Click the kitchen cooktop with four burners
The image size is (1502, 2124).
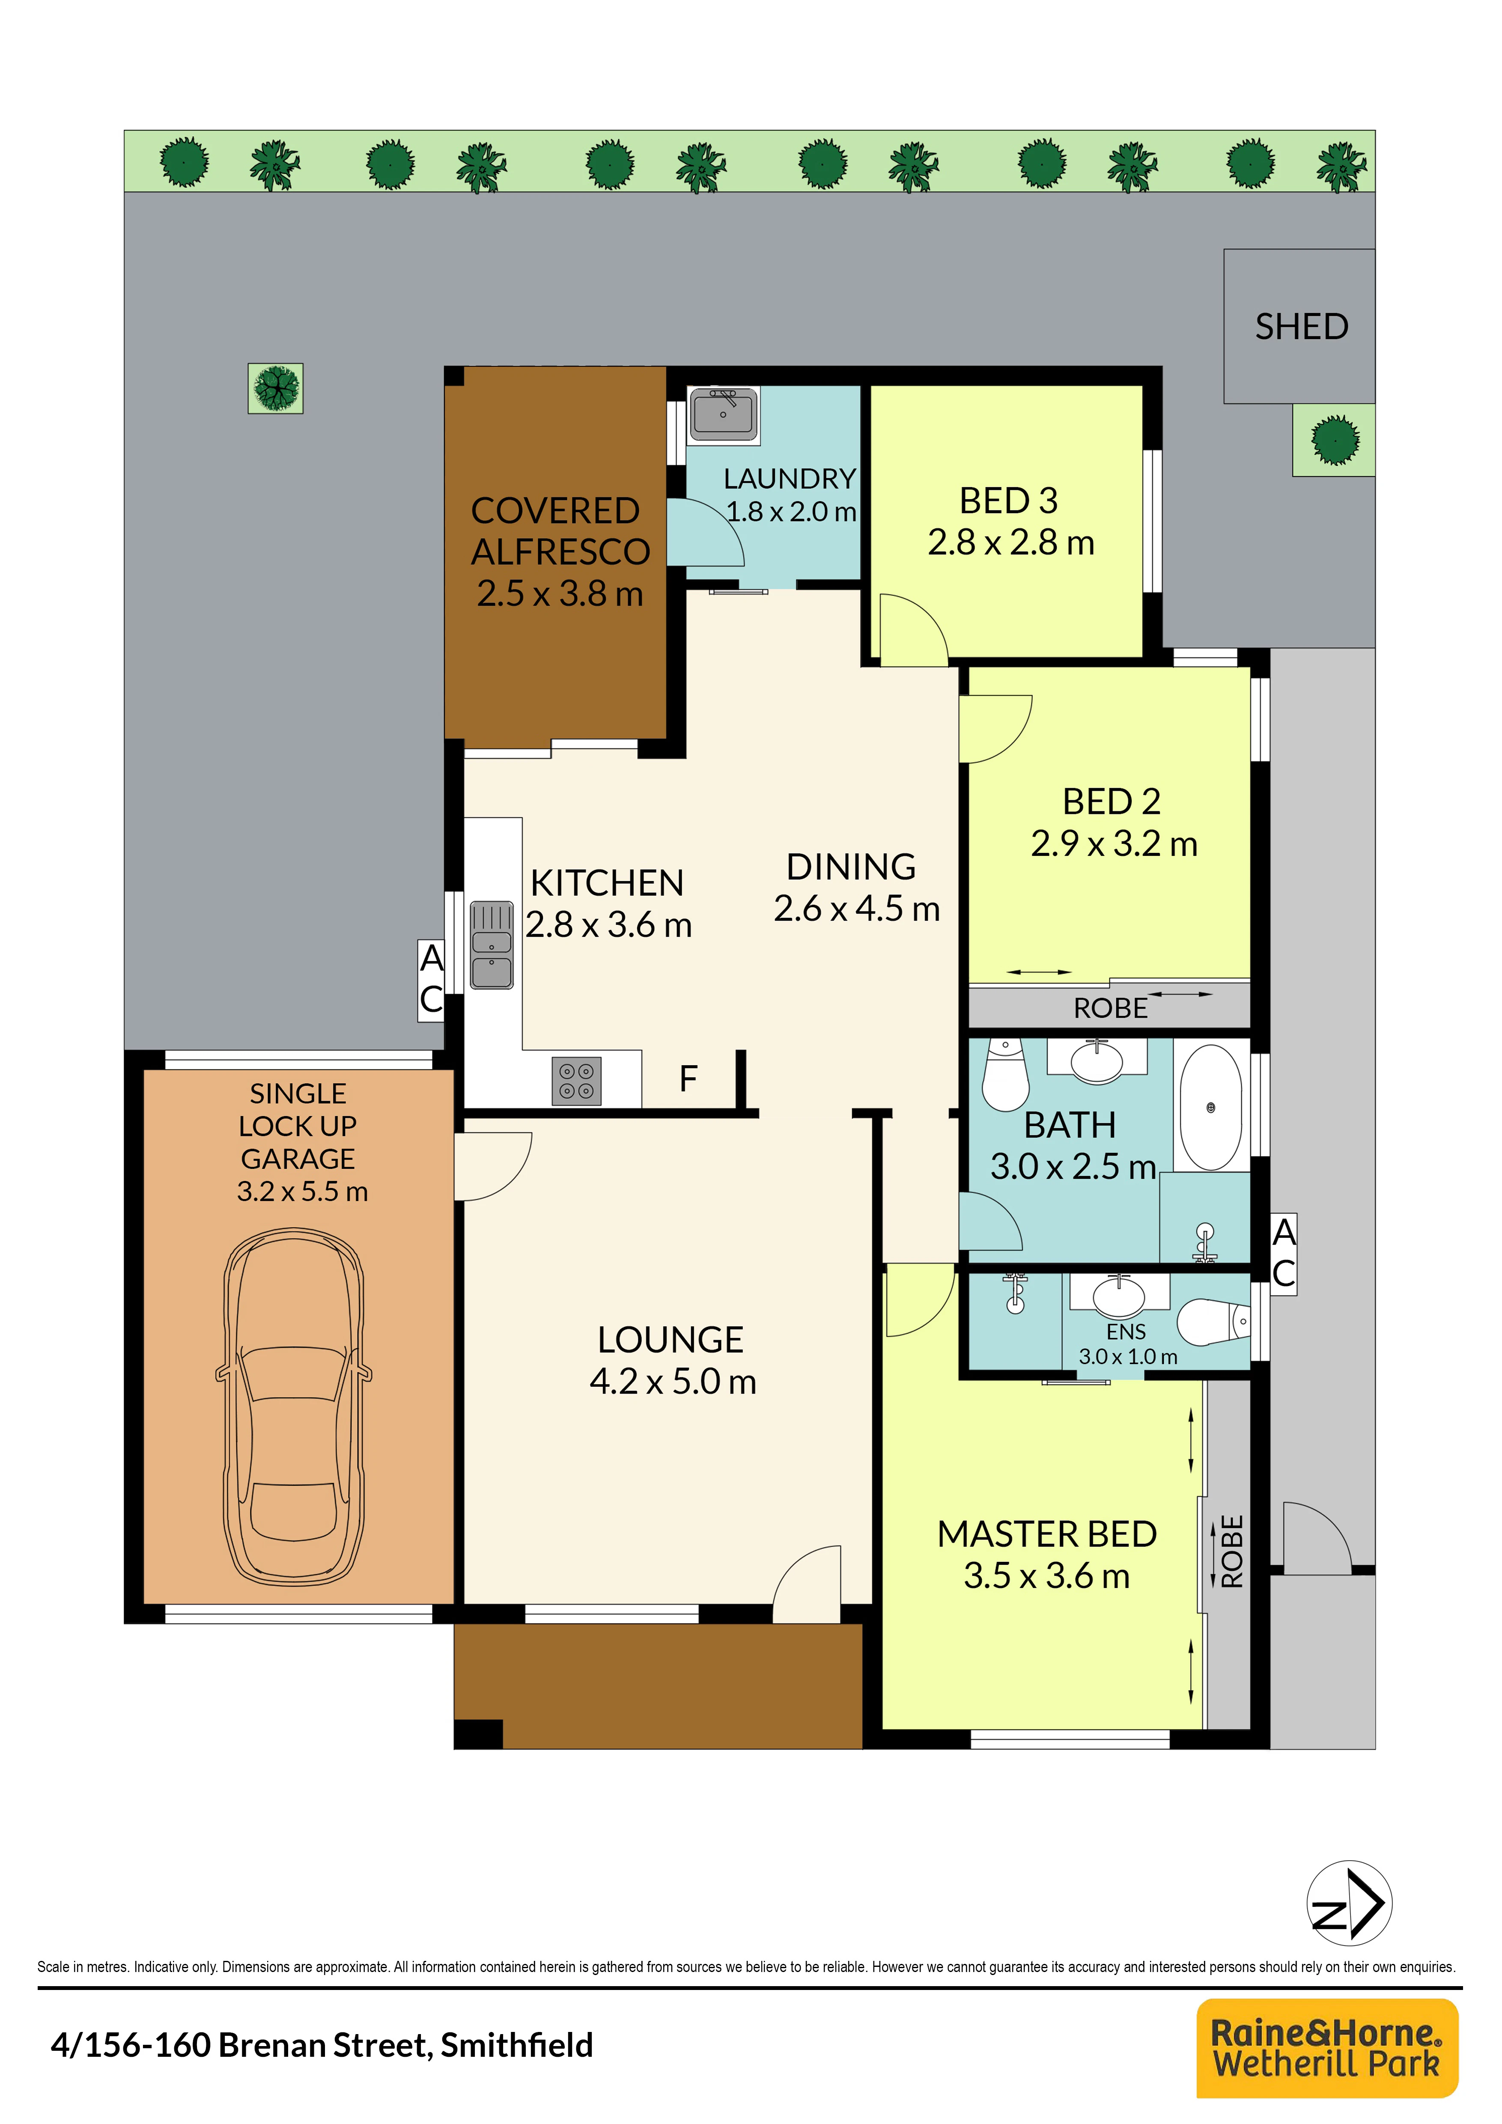(576, 1081)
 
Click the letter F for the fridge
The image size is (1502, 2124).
(688, 1078)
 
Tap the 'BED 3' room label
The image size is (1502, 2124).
(1008, 500)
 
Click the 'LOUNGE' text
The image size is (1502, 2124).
(671, 1340)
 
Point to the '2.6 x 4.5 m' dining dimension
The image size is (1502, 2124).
(856, 909)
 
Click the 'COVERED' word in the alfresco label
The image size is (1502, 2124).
(555, 511)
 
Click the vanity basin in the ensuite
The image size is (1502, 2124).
(1119, 1295)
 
